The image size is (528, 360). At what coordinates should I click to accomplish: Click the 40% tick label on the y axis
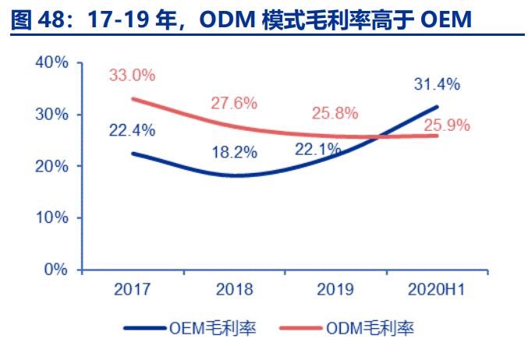point(52,62)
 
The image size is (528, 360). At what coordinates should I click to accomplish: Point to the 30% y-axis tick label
point(52,115)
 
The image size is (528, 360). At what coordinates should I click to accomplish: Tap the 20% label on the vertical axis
point(52,166)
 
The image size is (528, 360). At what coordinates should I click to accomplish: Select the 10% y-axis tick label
point(52,217)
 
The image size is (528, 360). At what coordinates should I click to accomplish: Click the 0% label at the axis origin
point(57,270)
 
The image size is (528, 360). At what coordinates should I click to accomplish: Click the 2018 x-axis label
point(235,290)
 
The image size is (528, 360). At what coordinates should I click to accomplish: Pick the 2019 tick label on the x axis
point(336,290)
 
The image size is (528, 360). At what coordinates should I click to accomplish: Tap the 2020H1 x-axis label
point(437,290)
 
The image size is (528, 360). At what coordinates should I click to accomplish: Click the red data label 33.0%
point(132,76)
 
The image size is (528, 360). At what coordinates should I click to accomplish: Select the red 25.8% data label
point(335,113)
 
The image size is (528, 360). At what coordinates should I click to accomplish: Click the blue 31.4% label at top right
point(437,84)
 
